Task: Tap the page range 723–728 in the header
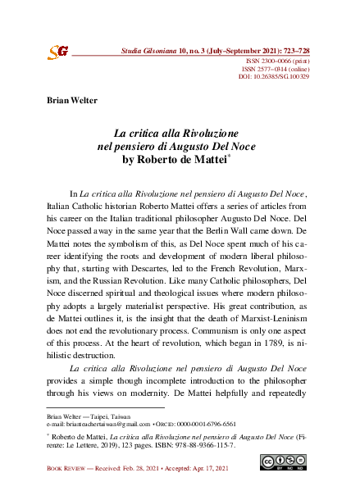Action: (289, 51)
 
